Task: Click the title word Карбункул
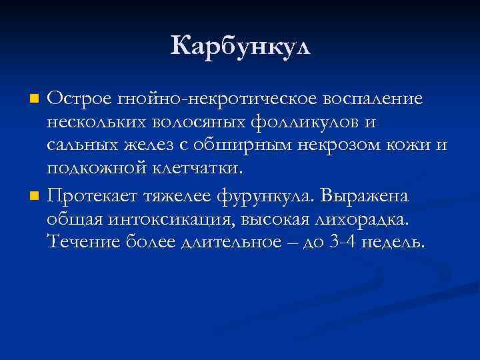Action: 240,47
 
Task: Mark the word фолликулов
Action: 301,123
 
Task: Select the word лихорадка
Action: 364,220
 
